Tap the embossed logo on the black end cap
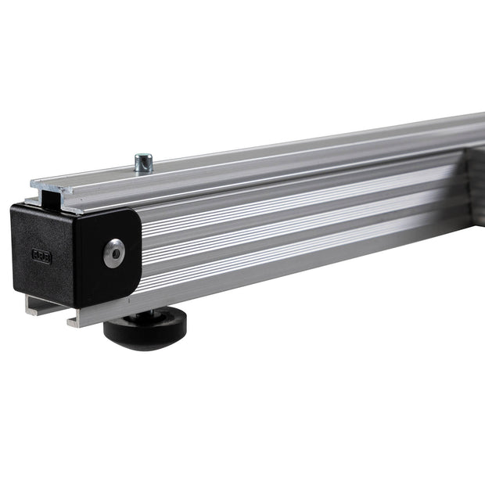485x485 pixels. click(x=41, y=254)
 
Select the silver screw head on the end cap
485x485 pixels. click(x=114, y=253)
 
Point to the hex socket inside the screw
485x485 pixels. click(x=114, y=253)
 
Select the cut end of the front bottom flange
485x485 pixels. click(x=74, y=321)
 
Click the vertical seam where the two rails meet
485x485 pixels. click(x=468, y=188)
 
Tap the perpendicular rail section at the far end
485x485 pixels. click(x=477, y=188)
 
